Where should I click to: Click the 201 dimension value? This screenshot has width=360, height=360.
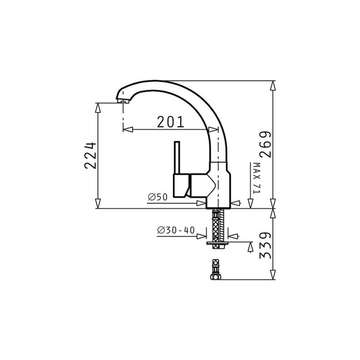click(x=171, y=121)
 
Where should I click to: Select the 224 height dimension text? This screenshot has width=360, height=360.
click(x=90, y=155)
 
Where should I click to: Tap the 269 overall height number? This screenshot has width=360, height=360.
click(x=265, y=144)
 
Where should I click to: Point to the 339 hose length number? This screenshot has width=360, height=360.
click(x=265, y=246)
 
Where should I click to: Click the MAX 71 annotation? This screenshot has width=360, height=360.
click(x=257, y=178)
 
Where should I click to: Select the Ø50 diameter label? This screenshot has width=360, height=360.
click(x=158, y=197)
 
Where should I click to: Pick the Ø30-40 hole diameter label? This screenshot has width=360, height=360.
click(x=176, y=230)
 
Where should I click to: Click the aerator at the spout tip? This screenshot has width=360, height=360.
click(x=122, y=100)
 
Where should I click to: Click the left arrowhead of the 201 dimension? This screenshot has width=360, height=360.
click(x=128, y=129)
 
